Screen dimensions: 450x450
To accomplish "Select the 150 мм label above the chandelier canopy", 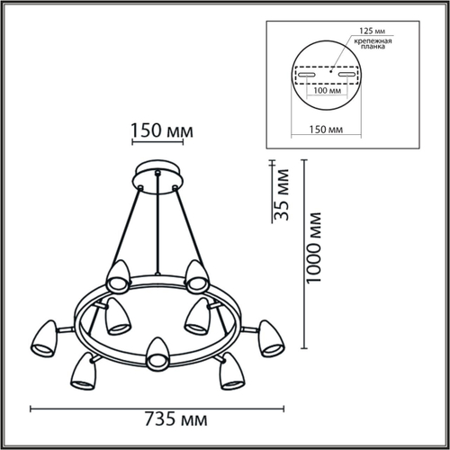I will click(x=158, y=131).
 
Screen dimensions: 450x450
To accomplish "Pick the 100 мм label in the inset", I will click(x=328, y=91).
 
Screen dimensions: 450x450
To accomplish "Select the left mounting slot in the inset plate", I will click(x=306, y=75).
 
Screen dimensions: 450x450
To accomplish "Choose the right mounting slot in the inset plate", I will click(x=348, y=75).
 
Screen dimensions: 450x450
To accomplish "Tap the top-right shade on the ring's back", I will click(x=199, y=274).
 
